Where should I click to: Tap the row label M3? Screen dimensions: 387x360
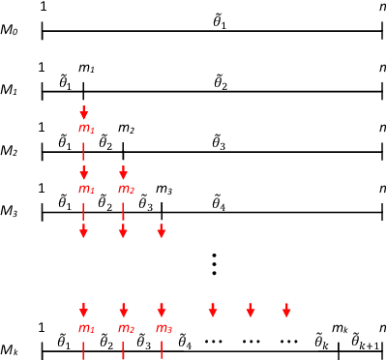tap(12, 206)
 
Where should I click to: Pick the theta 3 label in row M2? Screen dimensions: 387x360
tap(220, 141)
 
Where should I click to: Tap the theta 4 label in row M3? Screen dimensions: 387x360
tap(220, 201)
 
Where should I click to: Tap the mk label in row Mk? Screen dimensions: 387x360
tap(339, 328)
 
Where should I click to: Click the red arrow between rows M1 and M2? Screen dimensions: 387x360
tap(84, 112)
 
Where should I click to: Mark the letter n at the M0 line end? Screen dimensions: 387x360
tap(383, 8)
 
